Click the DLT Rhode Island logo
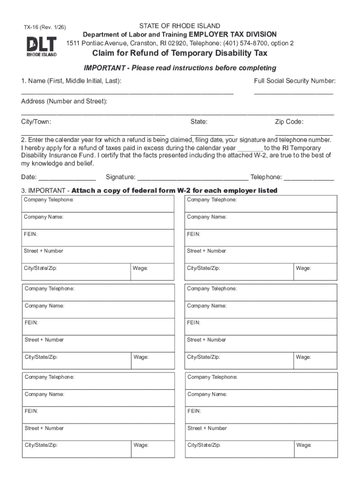[x=41, y=47]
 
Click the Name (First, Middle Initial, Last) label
[x=71, y=81]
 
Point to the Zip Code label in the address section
[x=289, y=122]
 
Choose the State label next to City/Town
[x=199, y=122]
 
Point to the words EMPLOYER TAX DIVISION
[x=233, y=35]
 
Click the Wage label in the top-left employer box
[x=141, y=269]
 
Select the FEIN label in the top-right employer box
[x=194, y=234]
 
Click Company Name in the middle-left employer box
[x=44, y=306]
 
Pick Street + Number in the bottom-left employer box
[x=44, y=428]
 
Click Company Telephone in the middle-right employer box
[x=212, y=289]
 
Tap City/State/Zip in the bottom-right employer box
[x=204, y=445]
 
